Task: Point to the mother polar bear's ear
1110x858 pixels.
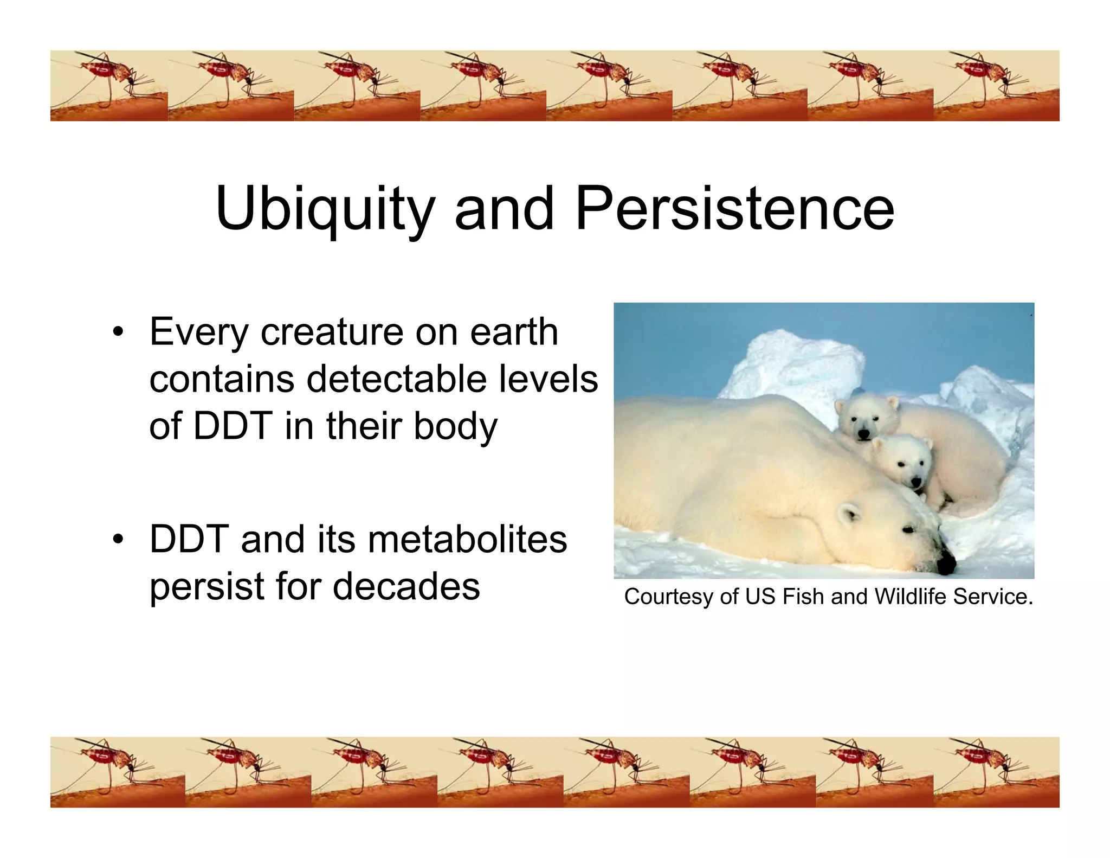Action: [848, 511]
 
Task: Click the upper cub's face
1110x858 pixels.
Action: [863, 420]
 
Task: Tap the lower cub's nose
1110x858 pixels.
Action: [916, 482]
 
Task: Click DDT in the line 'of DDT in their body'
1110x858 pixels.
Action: [233, 426]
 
